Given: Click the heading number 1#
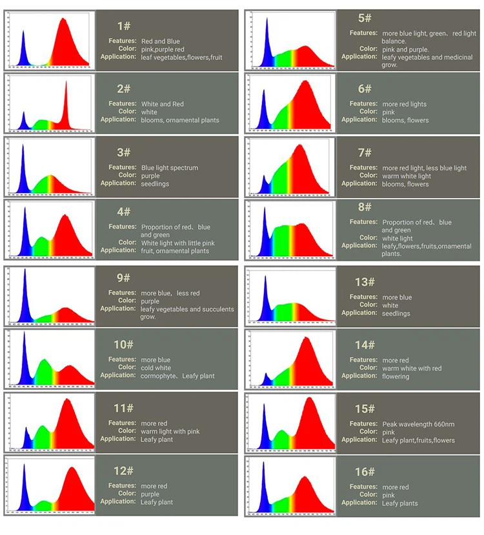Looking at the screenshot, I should tap(124, 26).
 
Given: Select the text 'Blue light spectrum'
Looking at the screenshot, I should tap(170, 168).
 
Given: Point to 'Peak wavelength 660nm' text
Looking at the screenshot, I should tap(418, 424).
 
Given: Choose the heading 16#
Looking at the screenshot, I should tap(365, 472).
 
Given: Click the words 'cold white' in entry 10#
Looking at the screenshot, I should tap(156, 368).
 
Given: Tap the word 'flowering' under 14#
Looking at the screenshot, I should tap(396, 376).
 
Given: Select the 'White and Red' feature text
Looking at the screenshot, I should tap(162, 104).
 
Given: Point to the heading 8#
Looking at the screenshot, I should tap(365, 207).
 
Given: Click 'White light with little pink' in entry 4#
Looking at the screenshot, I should tap(177, 243).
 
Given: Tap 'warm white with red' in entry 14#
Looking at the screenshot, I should tap(412, 368).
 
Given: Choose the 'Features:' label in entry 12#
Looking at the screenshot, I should tap(122, 485).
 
